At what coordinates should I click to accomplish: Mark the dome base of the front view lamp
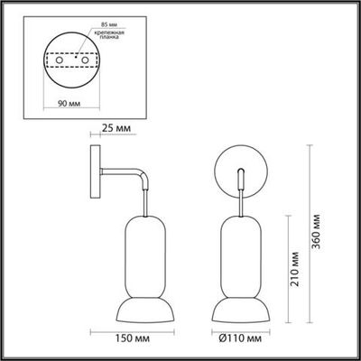pos(239,312)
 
